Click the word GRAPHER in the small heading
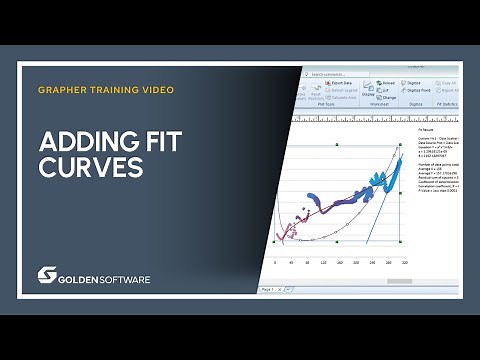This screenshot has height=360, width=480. point(62,90)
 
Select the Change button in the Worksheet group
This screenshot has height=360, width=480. point(389,96)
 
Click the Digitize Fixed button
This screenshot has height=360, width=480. point(419,90)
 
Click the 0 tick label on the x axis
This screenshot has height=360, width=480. point(275,263)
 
